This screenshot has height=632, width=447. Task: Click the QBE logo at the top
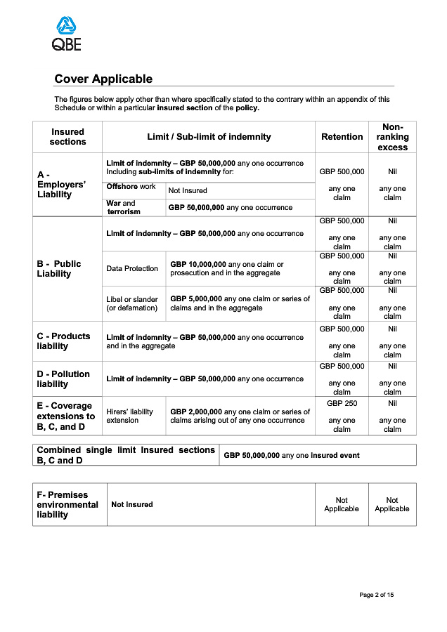pos(67,34)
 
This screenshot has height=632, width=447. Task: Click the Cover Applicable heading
pos(103,79)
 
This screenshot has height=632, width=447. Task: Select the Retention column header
pos(342,137)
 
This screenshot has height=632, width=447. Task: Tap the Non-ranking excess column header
pos(392,137)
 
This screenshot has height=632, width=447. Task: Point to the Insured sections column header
pos(67,137)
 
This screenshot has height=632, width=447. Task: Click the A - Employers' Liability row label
pos(62,185)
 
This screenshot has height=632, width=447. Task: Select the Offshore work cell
pos(131,187)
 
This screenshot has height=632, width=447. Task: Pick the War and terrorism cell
pos(124,207)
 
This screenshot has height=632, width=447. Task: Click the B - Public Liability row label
pos(59,269)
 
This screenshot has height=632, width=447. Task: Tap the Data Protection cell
pos(132,269)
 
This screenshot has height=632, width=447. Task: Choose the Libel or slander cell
pos(132,303)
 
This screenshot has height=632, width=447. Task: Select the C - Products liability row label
pos(63,341)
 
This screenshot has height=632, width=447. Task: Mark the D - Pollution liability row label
pos(63,379)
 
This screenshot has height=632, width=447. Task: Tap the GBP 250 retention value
pos(342,404)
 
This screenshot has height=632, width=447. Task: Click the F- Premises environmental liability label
pos(67,504)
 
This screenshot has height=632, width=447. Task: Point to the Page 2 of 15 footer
pos(376,595)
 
